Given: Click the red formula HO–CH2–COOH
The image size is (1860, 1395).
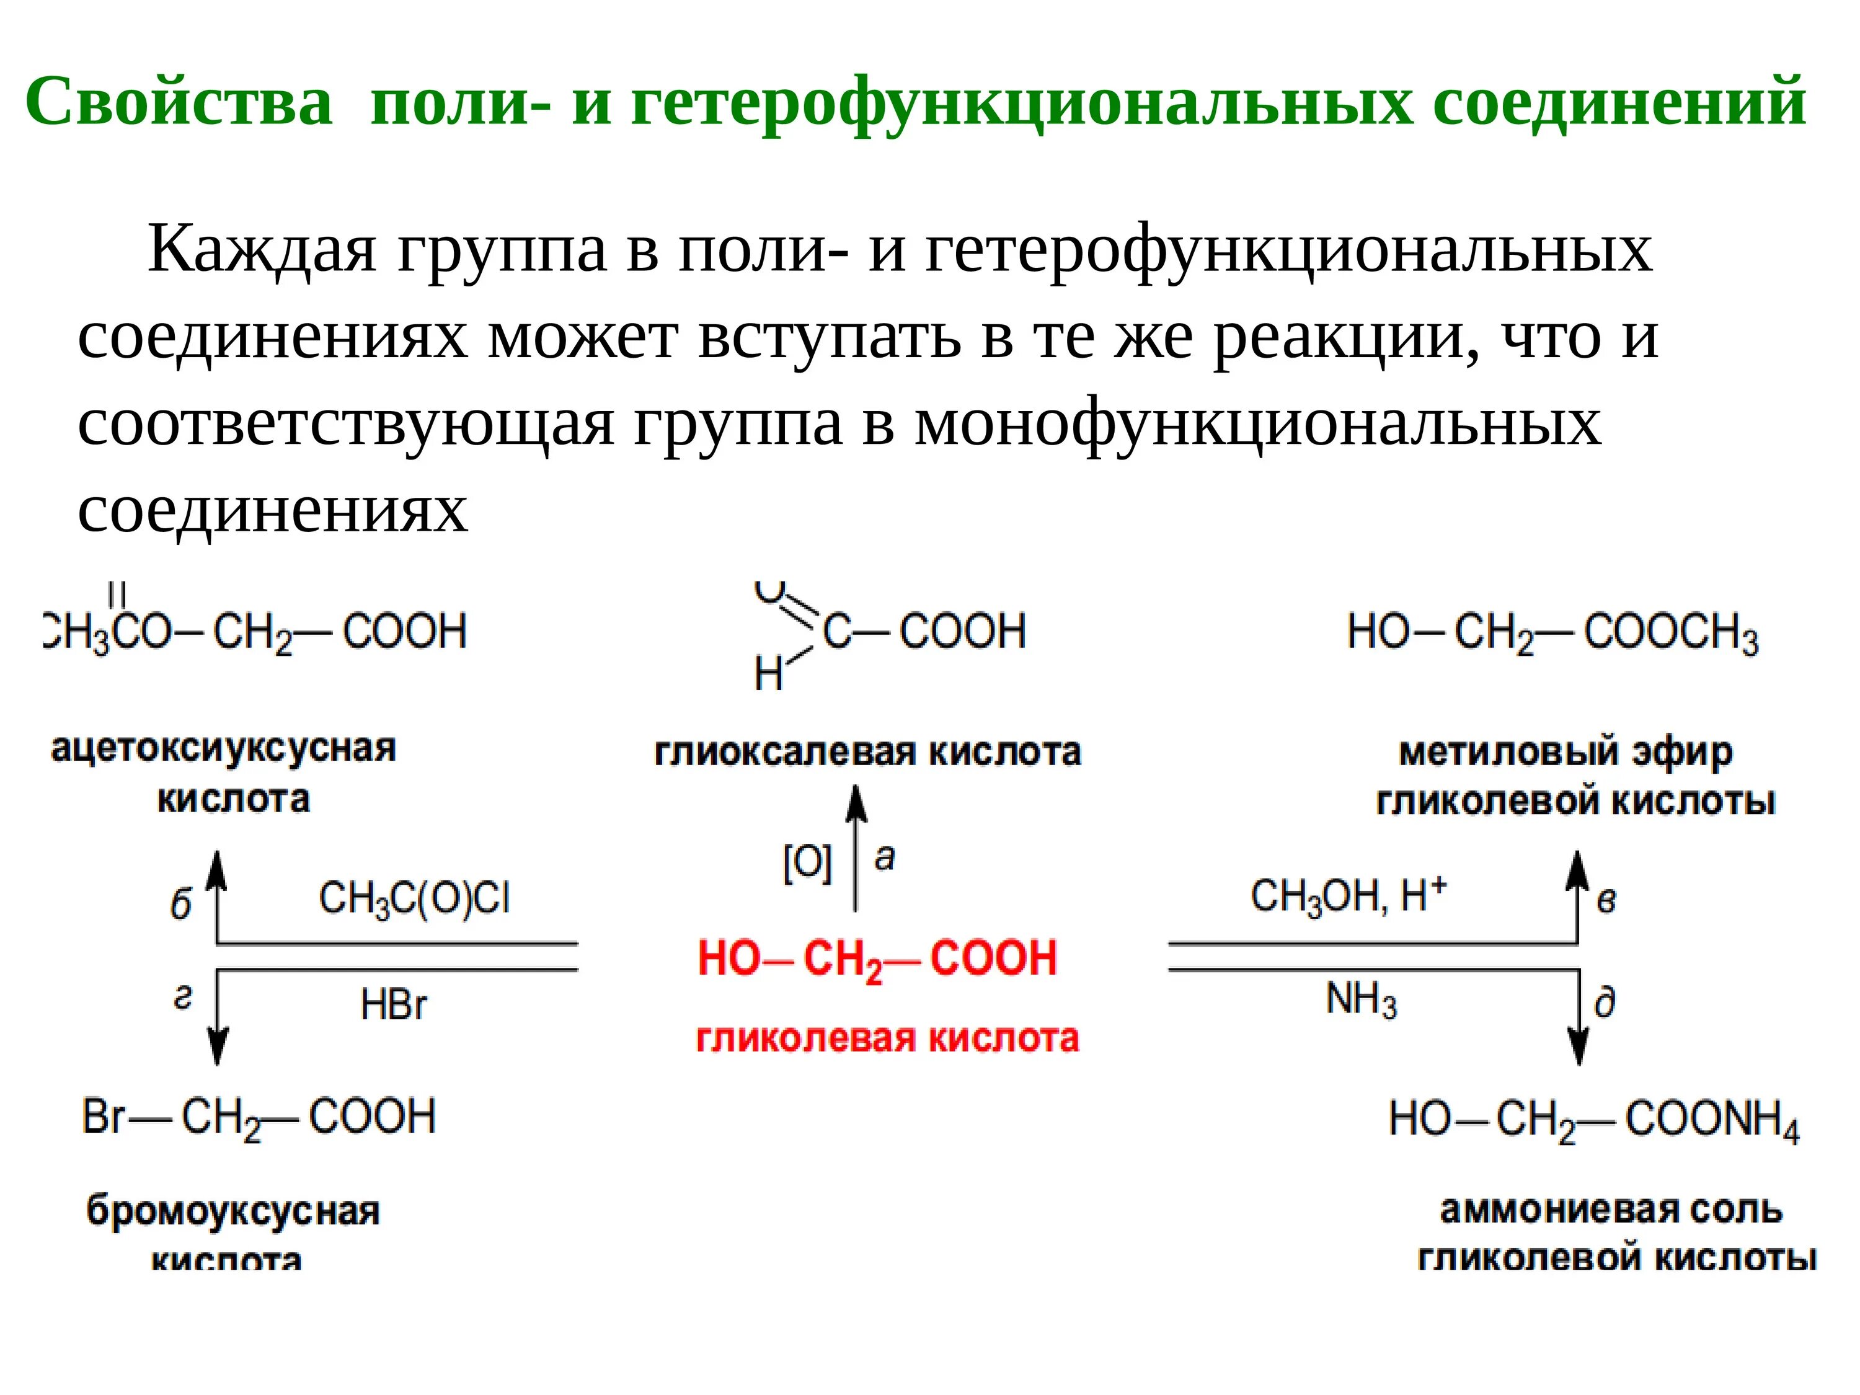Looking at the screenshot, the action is click(x=877, y=959).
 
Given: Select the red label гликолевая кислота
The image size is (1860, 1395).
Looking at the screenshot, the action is click(x=887, y=1038).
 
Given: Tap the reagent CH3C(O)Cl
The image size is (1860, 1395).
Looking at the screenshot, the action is click(x=414, y=898).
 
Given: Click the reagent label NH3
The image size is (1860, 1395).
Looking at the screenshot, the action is click(x=1360, y=1001).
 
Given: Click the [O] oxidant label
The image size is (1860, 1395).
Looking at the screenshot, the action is click(x=807, y=863).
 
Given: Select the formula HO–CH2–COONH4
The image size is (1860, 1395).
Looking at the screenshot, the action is click(x=1594, y=1121).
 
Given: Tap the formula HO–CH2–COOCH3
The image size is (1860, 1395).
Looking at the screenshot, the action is click(x=1552, y=633).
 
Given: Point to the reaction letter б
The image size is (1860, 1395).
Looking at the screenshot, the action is click(x=181, y=905).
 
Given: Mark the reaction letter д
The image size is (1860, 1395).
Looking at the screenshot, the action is click(x=1605, y=1003).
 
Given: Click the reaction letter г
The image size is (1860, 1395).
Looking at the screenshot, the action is click(x=182, y=997).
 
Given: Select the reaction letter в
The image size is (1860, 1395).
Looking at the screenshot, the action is click(x=1606, y=901).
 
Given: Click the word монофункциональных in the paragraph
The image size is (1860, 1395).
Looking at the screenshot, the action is click(x=1257, y=423).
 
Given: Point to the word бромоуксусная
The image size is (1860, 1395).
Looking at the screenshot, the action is click(x=233, y=1211).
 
